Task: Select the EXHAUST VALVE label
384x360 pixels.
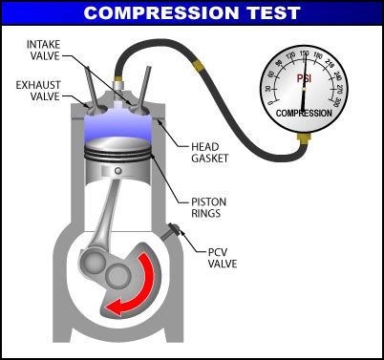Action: (35, 91)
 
